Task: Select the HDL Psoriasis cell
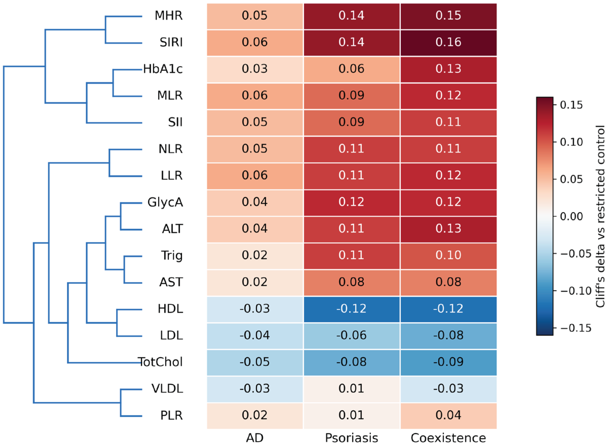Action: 352,309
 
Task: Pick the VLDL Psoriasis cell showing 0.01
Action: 352,389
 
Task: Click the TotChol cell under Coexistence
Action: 448,363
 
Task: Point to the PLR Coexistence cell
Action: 448,416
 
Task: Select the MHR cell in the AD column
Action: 255,16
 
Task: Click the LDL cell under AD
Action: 255,336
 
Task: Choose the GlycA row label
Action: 165,202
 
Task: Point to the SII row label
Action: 175,122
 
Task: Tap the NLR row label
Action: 171,149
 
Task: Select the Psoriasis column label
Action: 352,438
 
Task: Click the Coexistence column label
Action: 448,438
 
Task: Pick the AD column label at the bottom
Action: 255,438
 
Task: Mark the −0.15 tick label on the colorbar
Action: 575,328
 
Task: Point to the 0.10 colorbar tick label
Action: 571,142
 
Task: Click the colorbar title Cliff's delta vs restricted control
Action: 600,216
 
